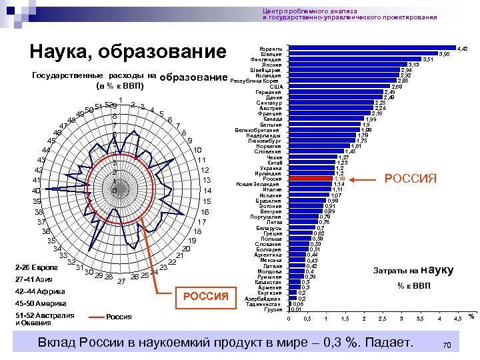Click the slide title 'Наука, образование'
pyautogui.click(x=129, y=52)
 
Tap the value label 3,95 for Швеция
pyautogui.click(x=443, y=54)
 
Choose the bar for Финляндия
pyautogui.click(x=354, y=59)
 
